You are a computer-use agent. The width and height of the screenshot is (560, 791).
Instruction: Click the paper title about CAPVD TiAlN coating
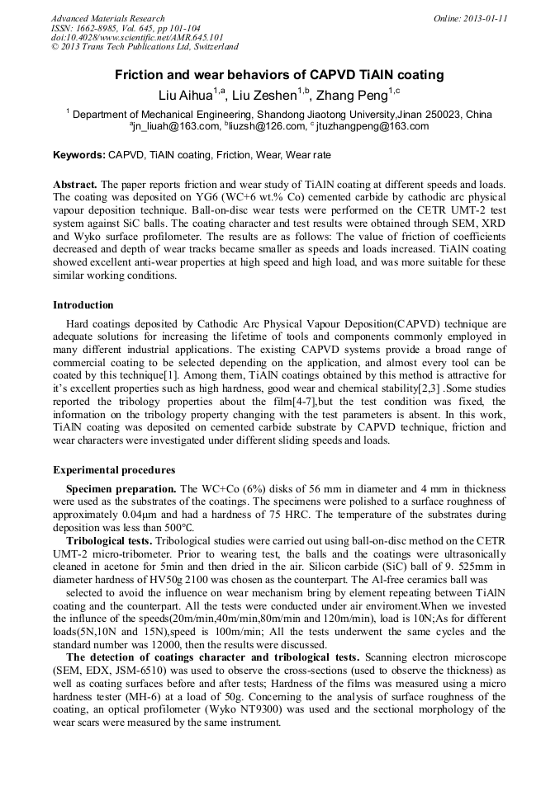[279, 75]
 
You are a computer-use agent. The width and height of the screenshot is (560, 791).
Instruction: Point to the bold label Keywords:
[79, 155]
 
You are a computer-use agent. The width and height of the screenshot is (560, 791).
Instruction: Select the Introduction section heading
[83, 305]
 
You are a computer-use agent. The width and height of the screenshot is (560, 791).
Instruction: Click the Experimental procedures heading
[114, 470]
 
